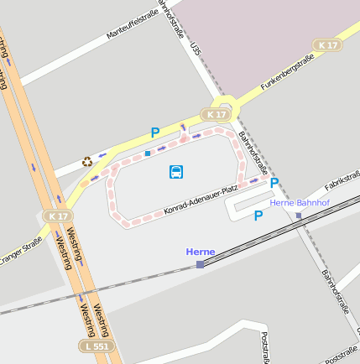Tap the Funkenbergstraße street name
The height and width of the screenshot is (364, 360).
[x=286, y=73]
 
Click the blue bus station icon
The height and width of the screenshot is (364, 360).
[x=176, y=172]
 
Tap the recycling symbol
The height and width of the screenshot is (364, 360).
[x=86, y=161]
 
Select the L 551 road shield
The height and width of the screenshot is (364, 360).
[x=96, y=346]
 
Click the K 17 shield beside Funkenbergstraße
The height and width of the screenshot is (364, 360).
[x=328, y=44]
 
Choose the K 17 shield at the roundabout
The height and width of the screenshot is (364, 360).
[x=216, y=113]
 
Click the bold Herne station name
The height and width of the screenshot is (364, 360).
[x=201, y=252]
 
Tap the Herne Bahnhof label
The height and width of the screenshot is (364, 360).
[x=297, y=203]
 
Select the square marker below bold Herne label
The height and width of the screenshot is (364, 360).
[x=200, y=264]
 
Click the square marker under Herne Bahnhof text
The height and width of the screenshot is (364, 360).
[x=299, y=216]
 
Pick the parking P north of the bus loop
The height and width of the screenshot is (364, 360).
[x=154, y=132]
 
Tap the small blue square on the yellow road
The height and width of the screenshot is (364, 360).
[x=148, y=153]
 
